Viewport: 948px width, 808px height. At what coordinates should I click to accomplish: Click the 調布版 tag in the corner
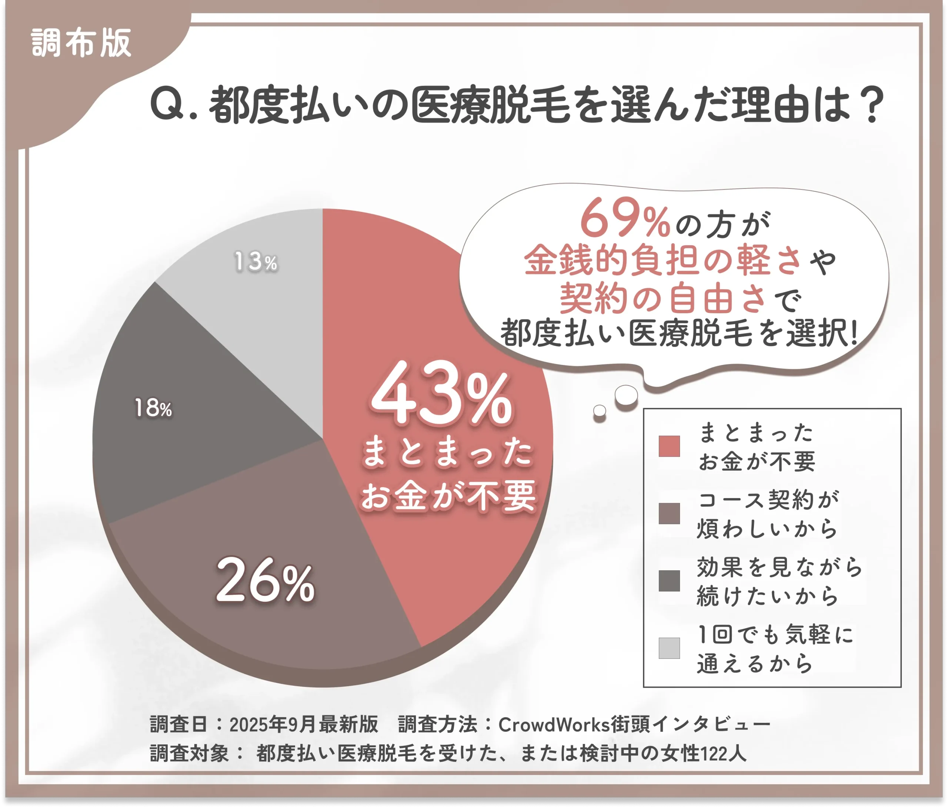point(81,43)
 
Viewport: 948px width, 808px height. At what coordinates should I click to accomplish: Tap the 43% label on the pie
point(441,394)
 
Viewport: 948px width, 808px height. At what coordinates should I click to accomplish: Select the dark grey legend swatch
point(669,581)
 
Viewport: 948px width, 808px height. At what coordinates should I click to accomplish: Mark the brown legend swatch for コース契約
point(669,513)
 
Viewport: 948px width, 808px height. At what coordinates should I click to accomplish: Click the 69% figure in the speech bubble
point(624,219)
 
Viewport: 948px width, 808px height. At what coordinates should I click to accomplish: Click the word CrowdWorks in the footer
point(554,724)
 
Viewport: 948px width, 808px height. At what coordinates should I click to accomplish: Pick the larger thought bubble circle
point(626,395)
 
